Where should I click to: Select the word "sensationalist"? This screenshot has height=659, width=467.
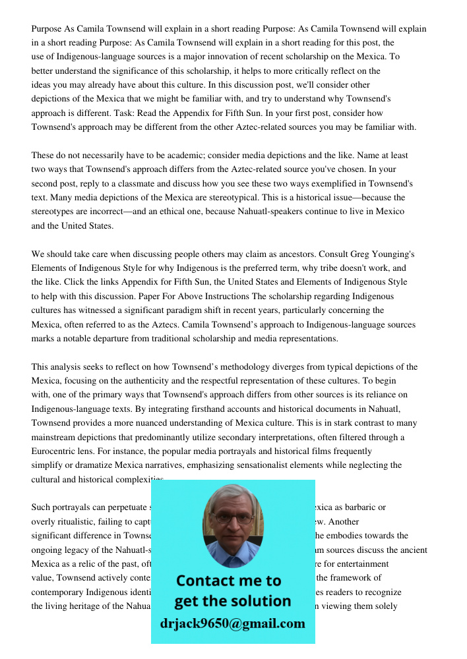pyautogui.click(x=252, y=465)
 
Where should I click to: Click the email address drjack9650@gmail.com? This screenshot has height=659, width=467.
pyautogui.click(x=233, y=623)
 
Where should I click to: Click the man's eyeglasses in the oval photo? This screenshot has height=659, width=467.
pyautogui.click(x=232, y=518)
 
